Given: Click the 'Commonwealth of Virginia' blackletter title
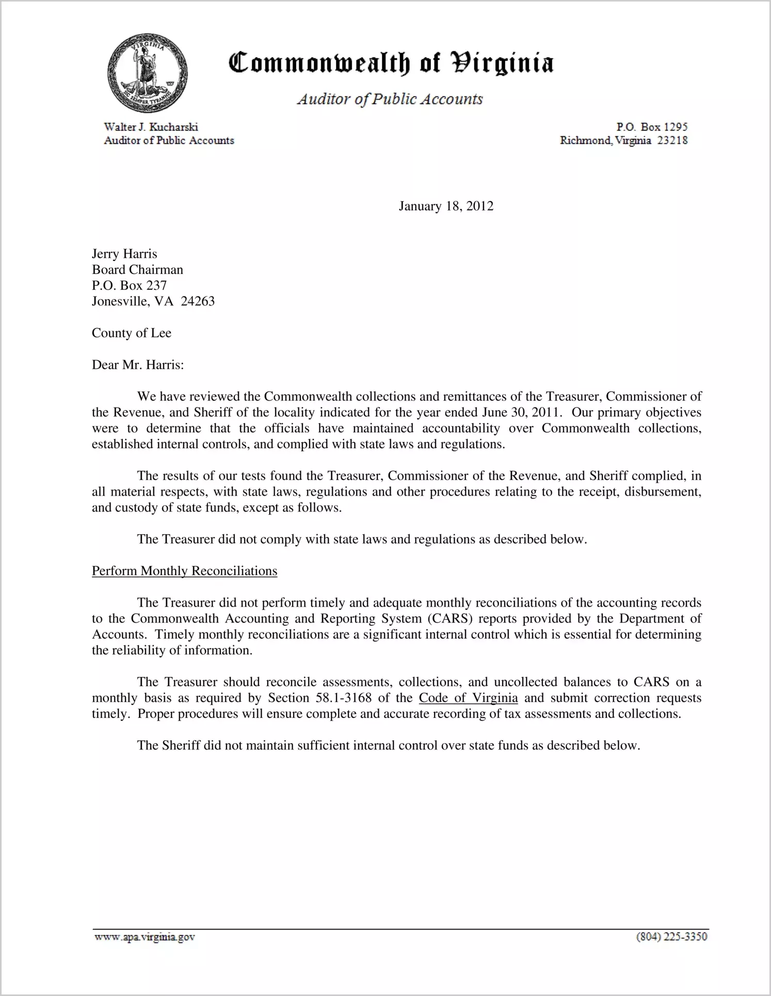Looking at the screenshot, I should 391,63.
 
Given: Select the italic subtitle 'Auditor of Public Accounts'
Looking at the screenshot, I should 390,99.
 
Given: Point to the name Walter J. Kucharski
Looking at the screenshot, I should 151,127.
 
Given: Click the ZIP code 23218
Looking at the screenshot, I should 672,140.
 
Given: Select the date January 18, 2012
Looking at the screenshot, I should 446,206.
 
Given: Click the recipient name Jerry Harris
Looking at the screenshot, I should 124,254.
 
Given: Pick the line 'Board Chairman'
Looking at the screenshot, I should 137,270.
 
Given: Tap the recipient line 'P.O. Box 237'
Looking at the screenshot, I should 129,285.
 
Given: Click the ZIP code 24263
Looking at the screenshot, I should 198,301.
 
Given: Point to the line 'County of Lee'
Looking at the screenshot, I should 132,333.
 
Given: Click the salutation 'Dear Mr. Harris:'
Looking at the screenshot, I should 138,365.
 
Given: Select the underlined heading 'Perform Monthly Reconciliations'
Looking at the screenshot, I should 184,571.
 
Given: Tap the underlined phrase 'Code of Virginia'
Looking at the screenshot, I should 468,698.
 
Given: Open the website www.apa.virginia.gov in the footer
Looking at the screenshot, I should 144,937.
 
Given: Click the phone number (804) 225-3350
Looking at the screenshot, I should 671,937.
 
